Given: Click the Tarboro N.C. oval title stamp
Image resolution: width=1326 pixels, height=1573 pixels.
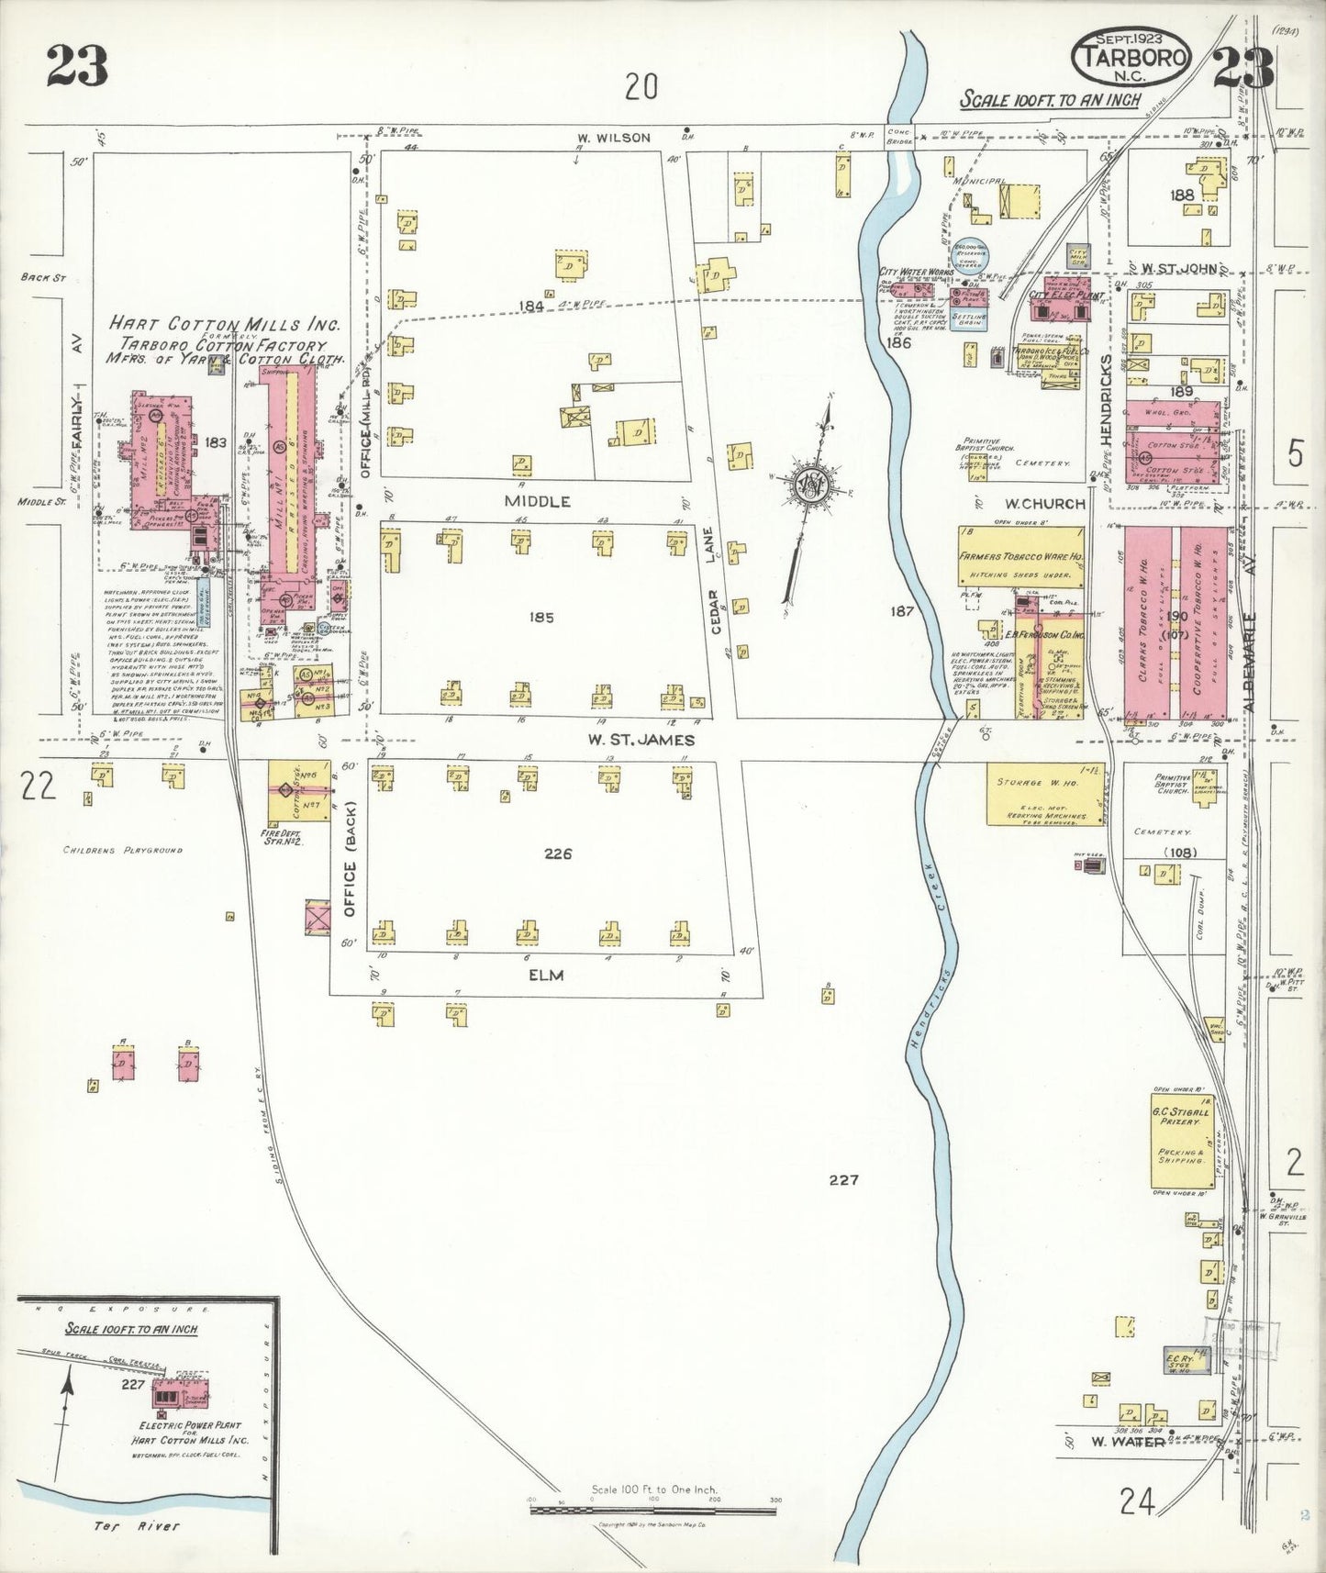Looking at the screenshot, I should (1131, 58).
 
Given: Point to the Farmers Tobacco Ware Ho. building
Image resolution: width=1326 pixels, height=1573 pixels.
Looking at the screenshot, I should (1020, 556).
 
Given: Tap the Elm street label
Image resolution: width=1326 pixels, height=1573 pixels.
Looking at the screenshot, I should (545, 975).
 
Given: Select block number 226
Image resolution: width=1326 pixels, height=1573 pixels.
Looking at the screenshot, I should (557, 853).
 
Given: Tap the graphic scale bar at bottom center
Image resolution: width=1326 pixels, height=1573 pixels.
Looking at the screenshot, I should (652, 1510).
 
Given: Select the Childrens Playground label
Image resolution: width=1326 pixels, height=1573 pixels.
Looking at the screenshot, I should (122, 850).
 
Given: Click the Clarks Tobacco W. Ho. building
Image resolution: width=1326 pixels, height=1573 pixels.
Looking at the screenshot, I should (1147, 622).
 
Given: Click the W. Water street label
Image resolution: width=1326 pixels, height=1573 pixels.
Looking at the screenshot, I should (1127, 1441).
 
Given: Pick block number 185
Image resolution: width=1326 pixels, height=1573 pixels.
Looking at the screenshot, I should (541, 618).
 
